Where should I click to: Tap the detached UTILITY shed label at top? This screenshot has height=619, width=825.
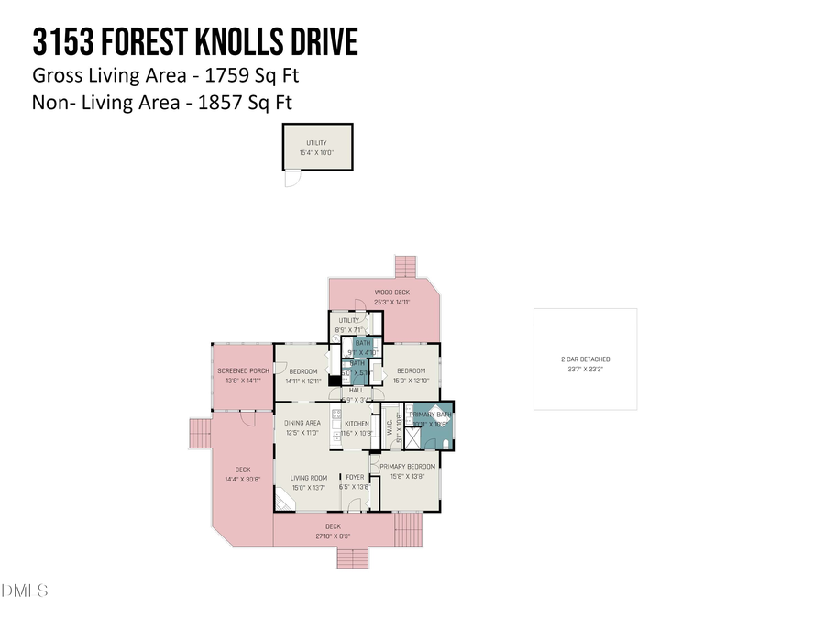[x=316, y=143]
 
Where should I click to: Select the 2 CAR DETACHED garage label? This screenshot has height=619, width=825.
[x=585, y=359]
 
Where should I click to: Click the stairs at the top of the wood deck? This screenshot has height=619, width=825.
[x=406, y=267]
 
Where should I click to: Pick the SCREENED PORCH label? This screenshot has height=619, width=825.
[x=242, y=370]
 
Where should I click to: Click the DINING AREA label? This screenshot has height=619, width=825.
[x=302, y=422]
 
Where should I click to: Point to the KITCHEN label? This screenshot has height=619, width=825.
[x=357, y=423]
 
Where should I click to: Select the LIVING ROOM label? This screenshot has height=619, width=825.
[x=309, y=478]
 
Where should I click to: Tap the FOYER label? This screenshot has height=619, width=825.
[x=354, y=478]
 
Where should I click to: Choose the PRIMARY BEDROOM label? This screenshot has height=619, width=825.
[x=407, y=467]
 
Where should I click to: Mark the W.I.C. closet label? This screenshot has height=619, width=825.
[x=388, y=423]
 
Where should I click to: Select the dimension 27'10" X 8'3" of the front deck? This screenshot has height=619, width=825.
[x=333, y=536]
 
